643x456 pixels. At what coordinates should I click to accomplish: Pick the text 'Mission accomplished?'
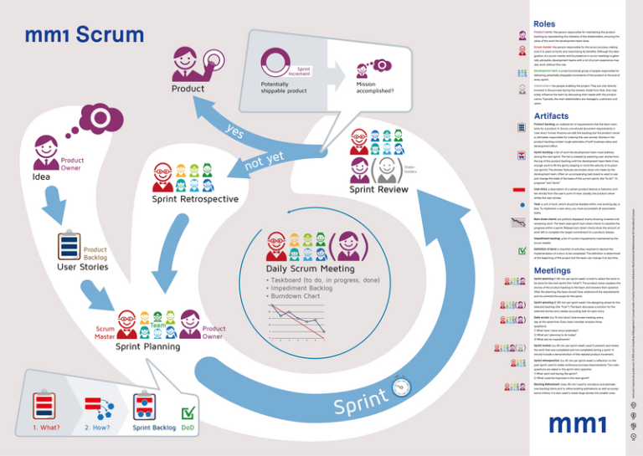coord(371,90)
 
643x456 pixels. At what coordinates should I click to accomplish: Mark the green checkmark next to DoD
coord(188,412)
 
